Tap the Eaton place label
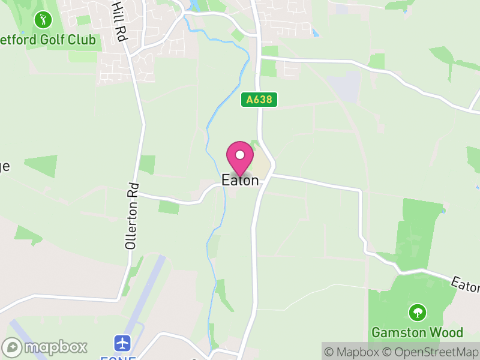240,180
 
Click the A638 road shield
260,100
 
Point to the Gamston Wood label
417,332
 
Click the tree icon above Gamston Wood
417,312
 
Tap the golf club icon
43,20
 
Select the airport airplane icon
123,344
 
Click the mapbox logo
45,347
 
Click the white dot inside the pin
240,155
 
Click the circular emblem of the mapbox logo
12,347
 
